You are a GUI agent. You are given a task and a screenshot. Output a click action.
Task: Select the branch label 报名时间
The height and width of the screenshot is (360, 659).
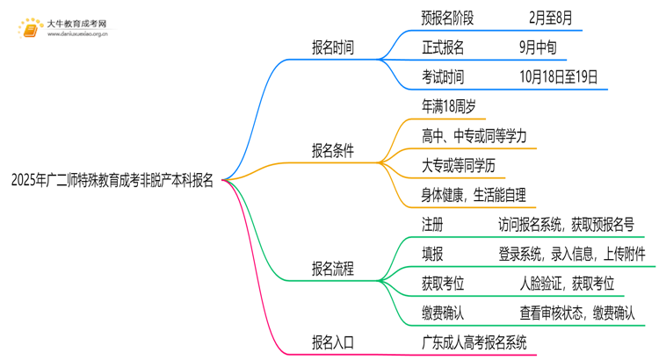point(333,47)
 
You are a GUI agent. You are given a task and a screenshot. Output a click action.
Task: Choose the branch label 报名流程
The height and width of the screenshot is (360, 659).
point(333,269)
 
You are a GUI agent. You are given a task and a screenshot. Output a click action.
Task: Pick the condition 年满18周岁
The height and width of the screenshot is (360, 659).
point(450,107)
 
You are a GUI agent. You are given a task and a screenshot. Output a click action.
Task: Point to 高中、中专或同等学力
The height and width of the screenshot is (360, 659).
point(474,136)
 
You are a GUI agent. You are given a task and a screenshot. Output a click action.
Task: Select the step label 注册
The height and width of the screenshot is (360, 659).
point(432,225)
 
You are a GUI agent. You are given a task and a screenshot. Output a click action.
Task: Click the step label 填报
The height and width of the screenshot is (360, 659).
point(432,254)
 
